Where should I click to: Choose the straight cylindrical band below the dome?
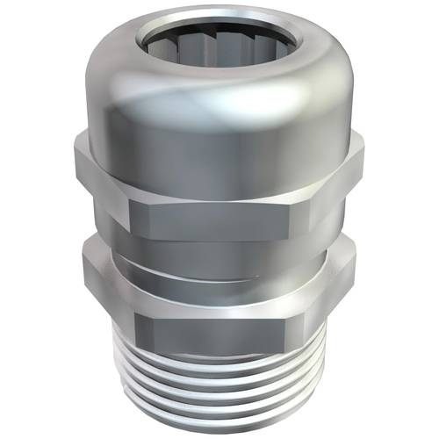219,140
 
